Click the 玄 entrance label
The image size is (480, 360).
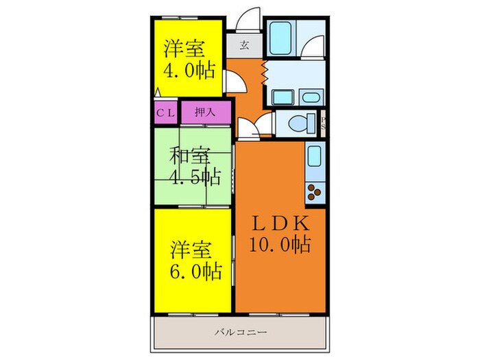coord(245,47)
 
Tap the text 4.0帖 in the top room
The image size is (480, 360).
coord(189,70)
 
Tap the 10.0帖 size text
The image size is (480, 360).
coord(282,243)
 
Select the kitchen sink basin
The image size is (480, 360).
coord(315,157)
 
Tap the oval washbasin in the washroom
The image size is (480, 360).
coord(310,97)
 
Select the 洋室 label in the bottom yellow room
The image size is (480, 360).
coord(189,249)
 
